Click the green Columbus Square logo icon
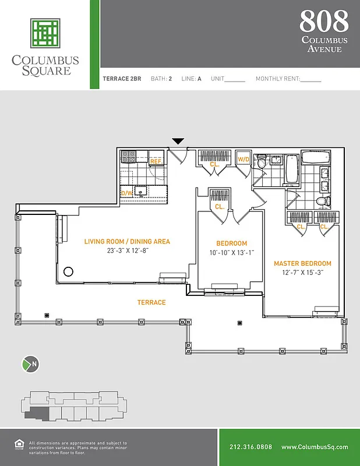[45, 33]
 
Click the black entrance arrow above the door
[178, 141]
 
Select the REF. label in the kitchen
[156, 161]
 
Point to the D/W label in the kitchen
[126, 193]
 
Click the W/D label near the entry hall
[243, 159]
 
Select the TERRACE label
[151, 302]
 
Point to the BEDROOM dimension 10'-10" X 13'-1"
[232, 253]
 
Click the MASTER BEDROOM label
[302, 263]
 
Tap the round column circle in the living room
[68, 271]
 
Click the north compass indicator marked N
[30, 365]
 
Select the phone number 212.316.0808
[250, 447]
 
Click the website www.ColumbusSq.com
[315, 447]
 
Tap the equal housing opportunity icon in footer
[17, 445]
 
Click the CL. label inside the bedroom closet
[219, 207]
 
